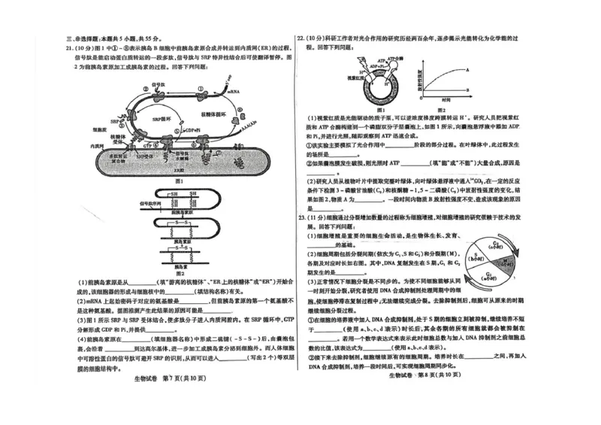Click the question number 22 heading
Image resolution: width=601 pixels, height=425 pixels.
[300, 36]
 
